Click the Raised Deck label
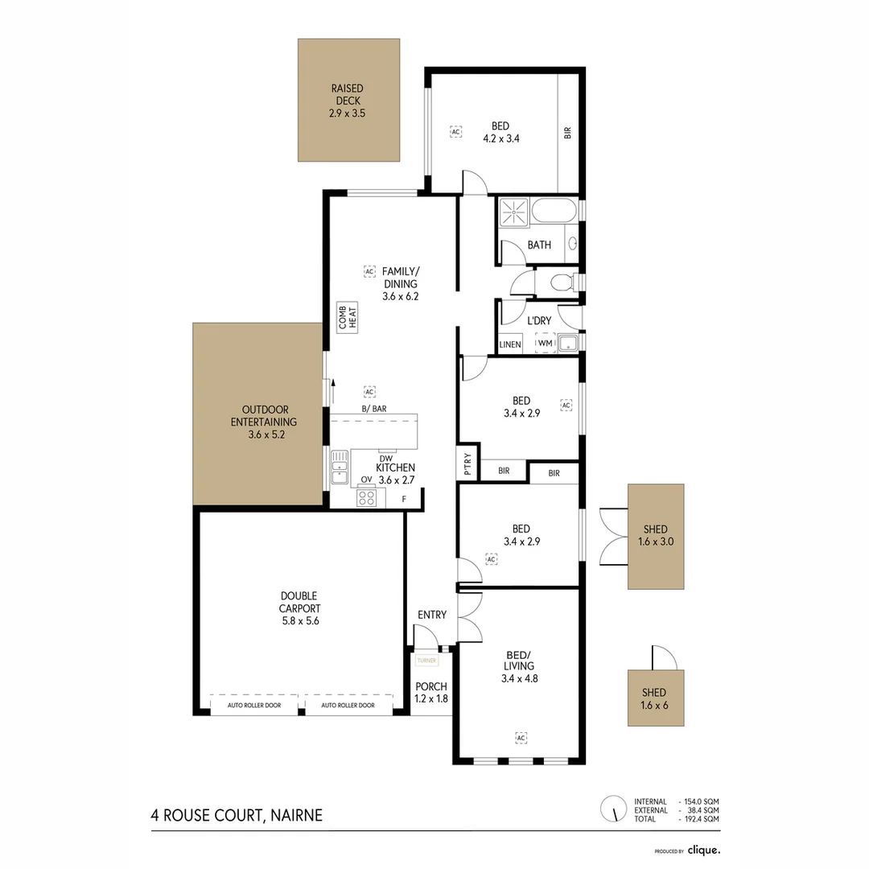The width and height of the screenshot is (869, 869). coord(347,101)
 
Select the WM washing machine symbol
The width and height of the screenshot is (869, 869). coord(546,344)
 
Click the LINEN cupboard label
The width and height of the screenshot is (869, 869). coord(510,344)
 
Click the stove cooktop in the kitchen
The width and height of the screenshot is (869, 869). coord(367,498)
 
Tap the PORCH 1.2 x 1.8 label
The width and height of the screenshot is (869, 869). coord(430,693)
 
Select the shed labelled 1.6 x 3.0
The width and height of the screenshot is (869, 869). coord(656,536)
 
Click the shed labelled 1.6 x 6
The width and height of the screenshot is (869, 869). coord(656,698)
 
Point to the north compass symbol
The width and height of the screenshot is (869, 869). coord(613,808)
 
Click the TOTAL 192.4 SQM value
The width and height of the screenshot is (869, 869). coord(700,818)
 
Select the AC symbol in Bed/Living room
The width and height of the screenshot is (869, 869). coord(521,737)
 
